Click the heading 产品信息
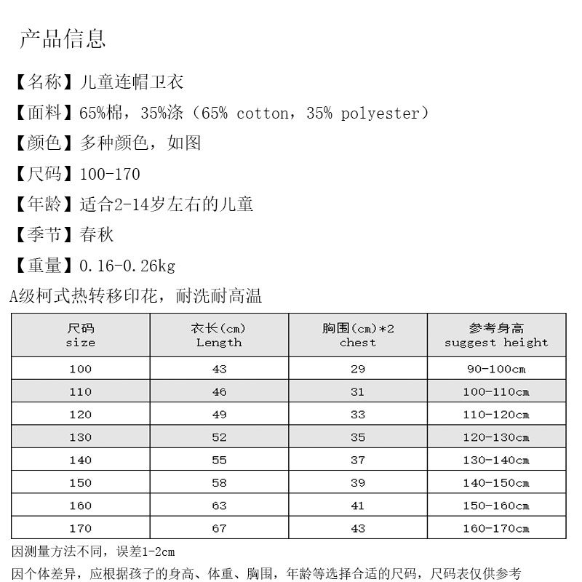coord(63,39)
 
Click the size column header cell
coord(80,335)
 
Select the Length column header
coord(219,335)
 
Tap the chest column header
coord(358,335)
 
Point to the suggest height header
coord(496,335)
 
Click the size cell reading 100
coord(80,369)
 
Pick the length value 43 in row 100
coord(219,369)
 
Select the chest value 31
coord(358,391)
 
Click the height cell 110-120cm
coord(496,415)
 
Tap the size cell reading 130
coord(80,437)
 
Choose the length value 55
coord(219,461)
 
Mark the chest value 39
coord(358,483)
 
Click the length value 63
coord(219,506)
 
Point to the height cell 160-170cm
coord(496,529)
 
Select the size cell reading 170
coord(80,529)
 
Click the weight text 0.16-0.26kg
coord(127,266)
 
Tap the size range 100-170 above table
coord(110,175)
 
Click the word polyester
coord(380,113)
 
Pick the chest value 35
coord(358,437)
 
